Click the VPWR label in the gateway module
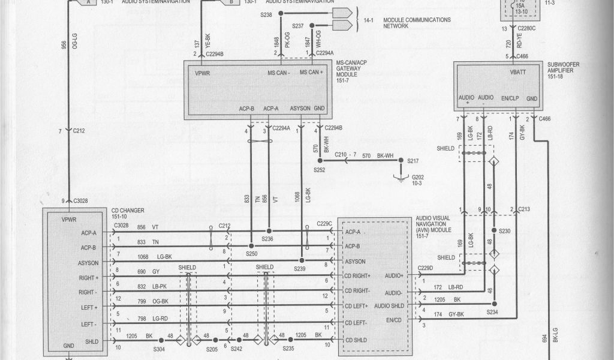202,73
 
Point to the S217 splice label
413,161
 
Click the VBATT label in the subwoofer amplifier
517,73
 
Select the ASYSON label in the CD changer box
89,262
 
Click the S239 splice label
299,268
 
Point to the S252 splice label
320,170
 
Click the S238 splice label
266,14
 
